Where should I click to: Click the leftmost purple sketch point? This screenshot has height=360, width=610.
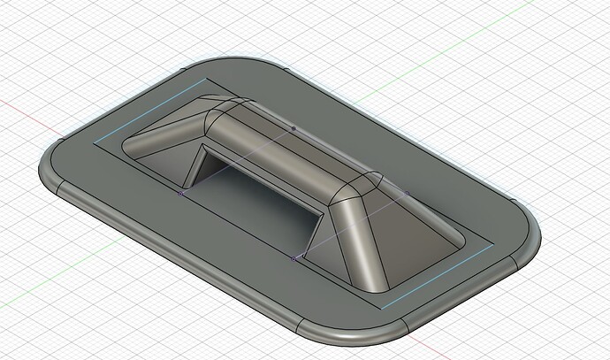click(180, 193)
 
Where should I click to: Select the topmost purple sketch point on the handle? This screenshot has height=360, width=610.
click(294, 128)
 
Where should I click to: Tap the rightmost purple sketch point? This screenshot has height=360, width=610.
click(407, 192)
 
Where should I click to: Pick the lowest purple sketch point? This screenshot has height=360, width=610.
click(294, 258)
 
